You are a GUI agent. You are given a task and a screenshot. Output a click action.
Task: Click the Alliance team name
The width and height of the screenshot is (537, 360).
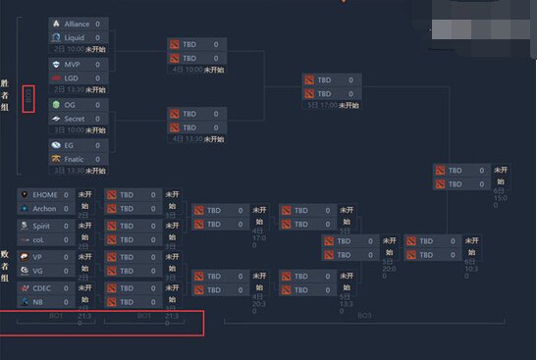click(x=78, y=23)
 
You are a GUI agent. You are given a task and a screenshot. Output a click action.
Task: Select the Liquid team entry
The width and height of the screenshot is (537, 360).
click(x=75, y=37)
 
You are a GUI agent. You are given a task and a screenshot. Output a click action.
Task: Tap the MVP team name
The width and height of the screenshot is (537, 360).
click(x=73, y=64)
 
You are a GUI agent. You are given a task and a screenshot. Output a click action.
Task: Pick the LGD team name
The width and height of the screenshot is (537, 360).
click(x=72, y=77)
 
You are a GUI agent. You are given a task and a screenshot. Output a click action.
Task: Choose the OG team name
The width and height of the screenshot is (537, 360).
click(x=71, y=104)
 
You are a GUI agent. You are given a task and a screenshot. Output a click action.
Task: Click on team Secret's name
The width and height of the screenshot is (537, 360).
click(x=75, y=118)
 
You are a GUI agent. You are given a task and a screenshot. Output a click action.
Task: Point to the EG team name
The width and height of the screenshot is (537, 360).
click(x=70, y=145)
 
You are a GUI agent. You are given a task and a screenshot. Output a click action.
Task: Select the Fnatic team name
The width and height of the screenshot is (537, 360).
click(x=76, y=158)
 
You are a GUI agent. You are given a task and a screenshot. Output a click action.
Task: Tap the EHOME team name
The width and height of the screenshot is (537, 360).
click(x=46, y=194)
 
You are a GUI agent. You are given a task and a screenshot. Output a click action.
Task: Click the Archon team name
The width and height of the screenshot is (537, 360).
click(x=45, y=208)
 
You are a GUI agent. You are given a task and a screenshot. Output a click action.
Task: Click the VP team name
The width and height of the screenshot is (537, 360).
click(x=37, y=257)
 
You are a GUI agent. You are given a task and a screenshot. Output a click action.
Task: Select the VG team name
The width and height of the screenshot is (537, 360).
click(x=37, y=271)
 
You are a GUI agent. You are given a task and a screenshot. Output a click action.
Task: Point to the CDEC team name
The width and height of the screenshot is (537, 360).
click(x=41, y=288)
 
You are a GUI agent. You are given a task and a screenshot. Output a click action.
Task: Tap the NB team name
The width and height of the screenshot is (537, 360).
click(x=37, y=302)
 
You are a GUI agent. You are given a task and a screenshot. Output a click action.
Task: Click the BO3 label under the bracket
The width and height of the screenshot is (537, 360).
click(x=364, y=316)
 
